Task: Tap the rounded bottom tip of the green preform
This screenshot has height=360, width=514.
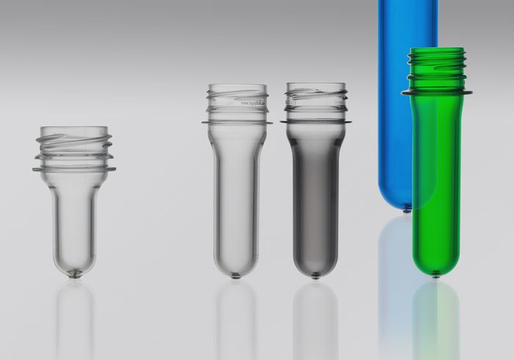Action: point(435,273)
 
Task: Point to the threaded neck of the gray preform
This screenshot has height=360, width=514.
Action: point(316,98)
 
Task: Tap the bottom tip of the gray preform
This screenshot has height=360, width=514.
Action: point(315,276)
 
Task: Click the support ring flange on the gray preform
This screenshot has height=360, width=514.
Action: point(316,121)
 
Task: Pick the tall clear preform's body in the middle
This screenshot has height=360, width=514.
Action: point(236,191)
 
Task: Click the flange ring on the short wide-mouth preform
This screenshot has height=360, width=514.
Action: point(73,169)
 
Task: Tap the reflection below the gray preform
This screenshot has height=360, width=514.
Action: point(315,316)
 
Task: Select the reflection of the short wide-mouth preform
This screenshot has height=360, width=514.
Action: point(74,316)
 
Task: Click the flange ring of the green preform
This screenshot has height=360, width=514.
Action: point(436,93)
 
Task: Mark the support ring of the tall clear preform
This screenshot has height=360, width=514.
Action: point(236,121)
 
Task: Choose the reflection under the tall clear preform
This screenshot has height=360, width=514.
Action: point(236,316)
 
